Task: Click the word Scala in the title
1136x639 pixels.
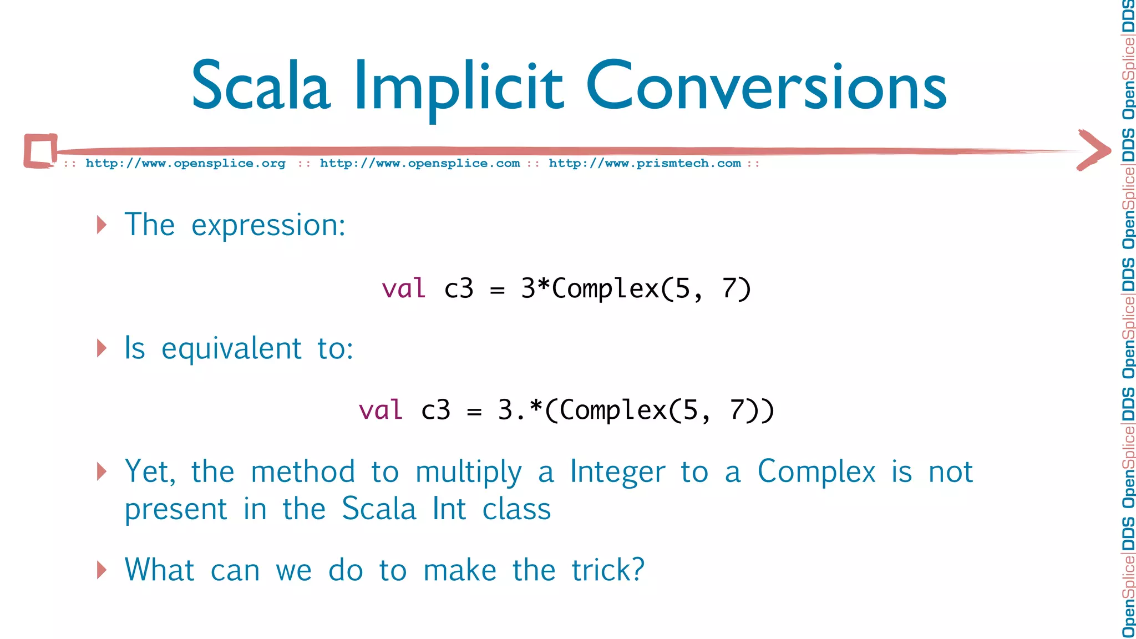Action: [261, 86]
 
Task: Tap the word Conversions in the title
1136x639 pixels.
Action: [766, 86]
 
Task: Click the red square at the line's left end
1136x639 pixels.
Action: [40, 151]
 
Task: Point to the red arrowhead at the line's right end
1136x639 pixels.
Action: [1094, 150]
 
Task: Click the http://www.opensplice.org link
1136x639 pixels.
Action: [185, 164]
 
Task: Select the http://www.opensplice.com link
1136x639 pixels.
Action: [420, 164]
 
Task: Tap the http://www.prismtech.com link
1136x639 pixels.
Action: [645, 164]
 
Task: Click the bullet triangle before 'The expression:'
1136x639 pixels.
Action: [102, 225]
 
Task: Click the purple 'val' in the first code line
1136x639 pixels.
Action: [404, 289]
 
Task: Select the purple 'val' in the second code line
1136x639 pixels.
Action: [381, 410]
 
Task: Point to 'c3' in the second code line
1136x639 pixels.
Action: [435, 410]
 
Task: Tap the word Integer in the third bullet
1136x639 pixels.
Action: [617, 472]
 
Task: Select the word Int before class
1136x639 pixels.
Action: [449, 509]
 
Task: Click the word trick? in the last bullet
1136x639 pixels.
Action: [608, 570]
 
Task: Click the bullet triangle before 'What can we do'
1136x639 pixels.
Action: [102, 570]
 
